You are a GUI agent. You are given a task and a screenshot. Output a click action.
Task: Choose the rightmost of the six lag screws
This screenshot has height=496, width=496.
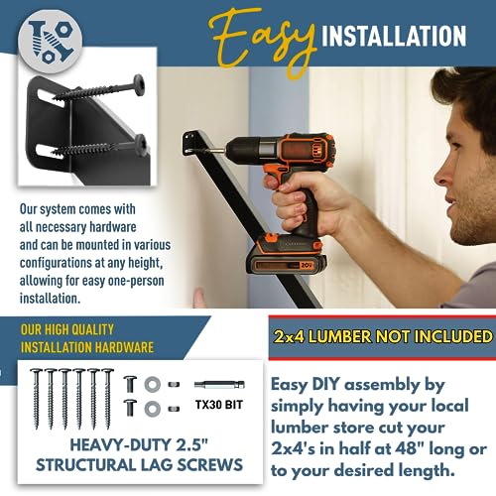[106, 396]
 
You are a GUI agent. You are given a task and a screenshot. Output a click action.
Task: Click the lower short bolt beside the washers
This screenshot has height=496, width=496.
[130, 407]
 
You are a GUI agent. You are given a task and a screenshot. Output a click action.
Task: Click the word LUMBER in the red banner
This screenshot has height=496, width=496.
[364, 336]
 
